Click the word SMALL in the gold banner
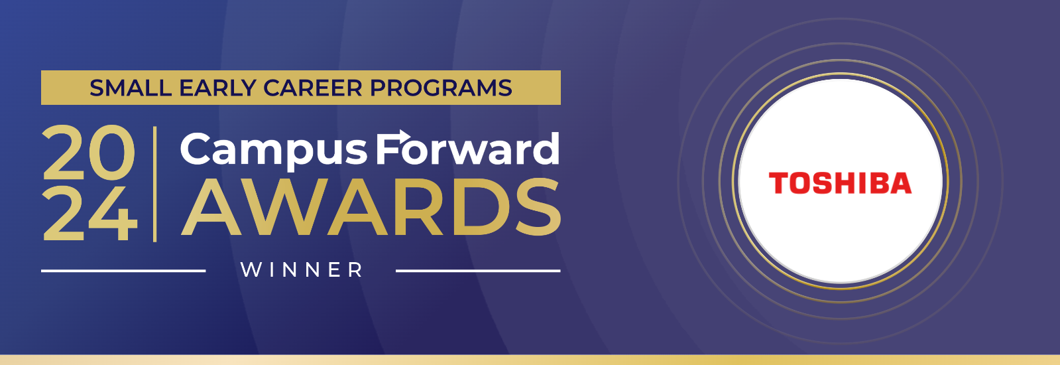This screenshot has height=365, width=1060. coord(130,88)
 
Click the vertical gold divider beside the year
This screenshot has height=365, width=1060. coord(154,184)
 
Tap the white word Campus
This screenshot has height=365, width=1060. coord(274,150)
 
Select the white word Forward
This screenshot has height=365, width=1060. coord(467,148)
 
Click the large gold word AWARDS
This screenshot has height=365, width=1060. coord(371,208)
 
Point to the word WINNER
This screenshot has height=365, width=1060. coord(302,270)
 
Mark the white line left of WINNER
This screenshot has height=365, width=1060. coord(123,271)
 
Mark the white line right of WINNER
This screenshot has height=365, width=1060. coord(478,271)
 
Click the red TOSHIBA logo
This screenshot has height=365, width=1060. coord(840,183)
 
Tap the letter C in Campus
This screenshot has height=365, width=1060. coord(196,149)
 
